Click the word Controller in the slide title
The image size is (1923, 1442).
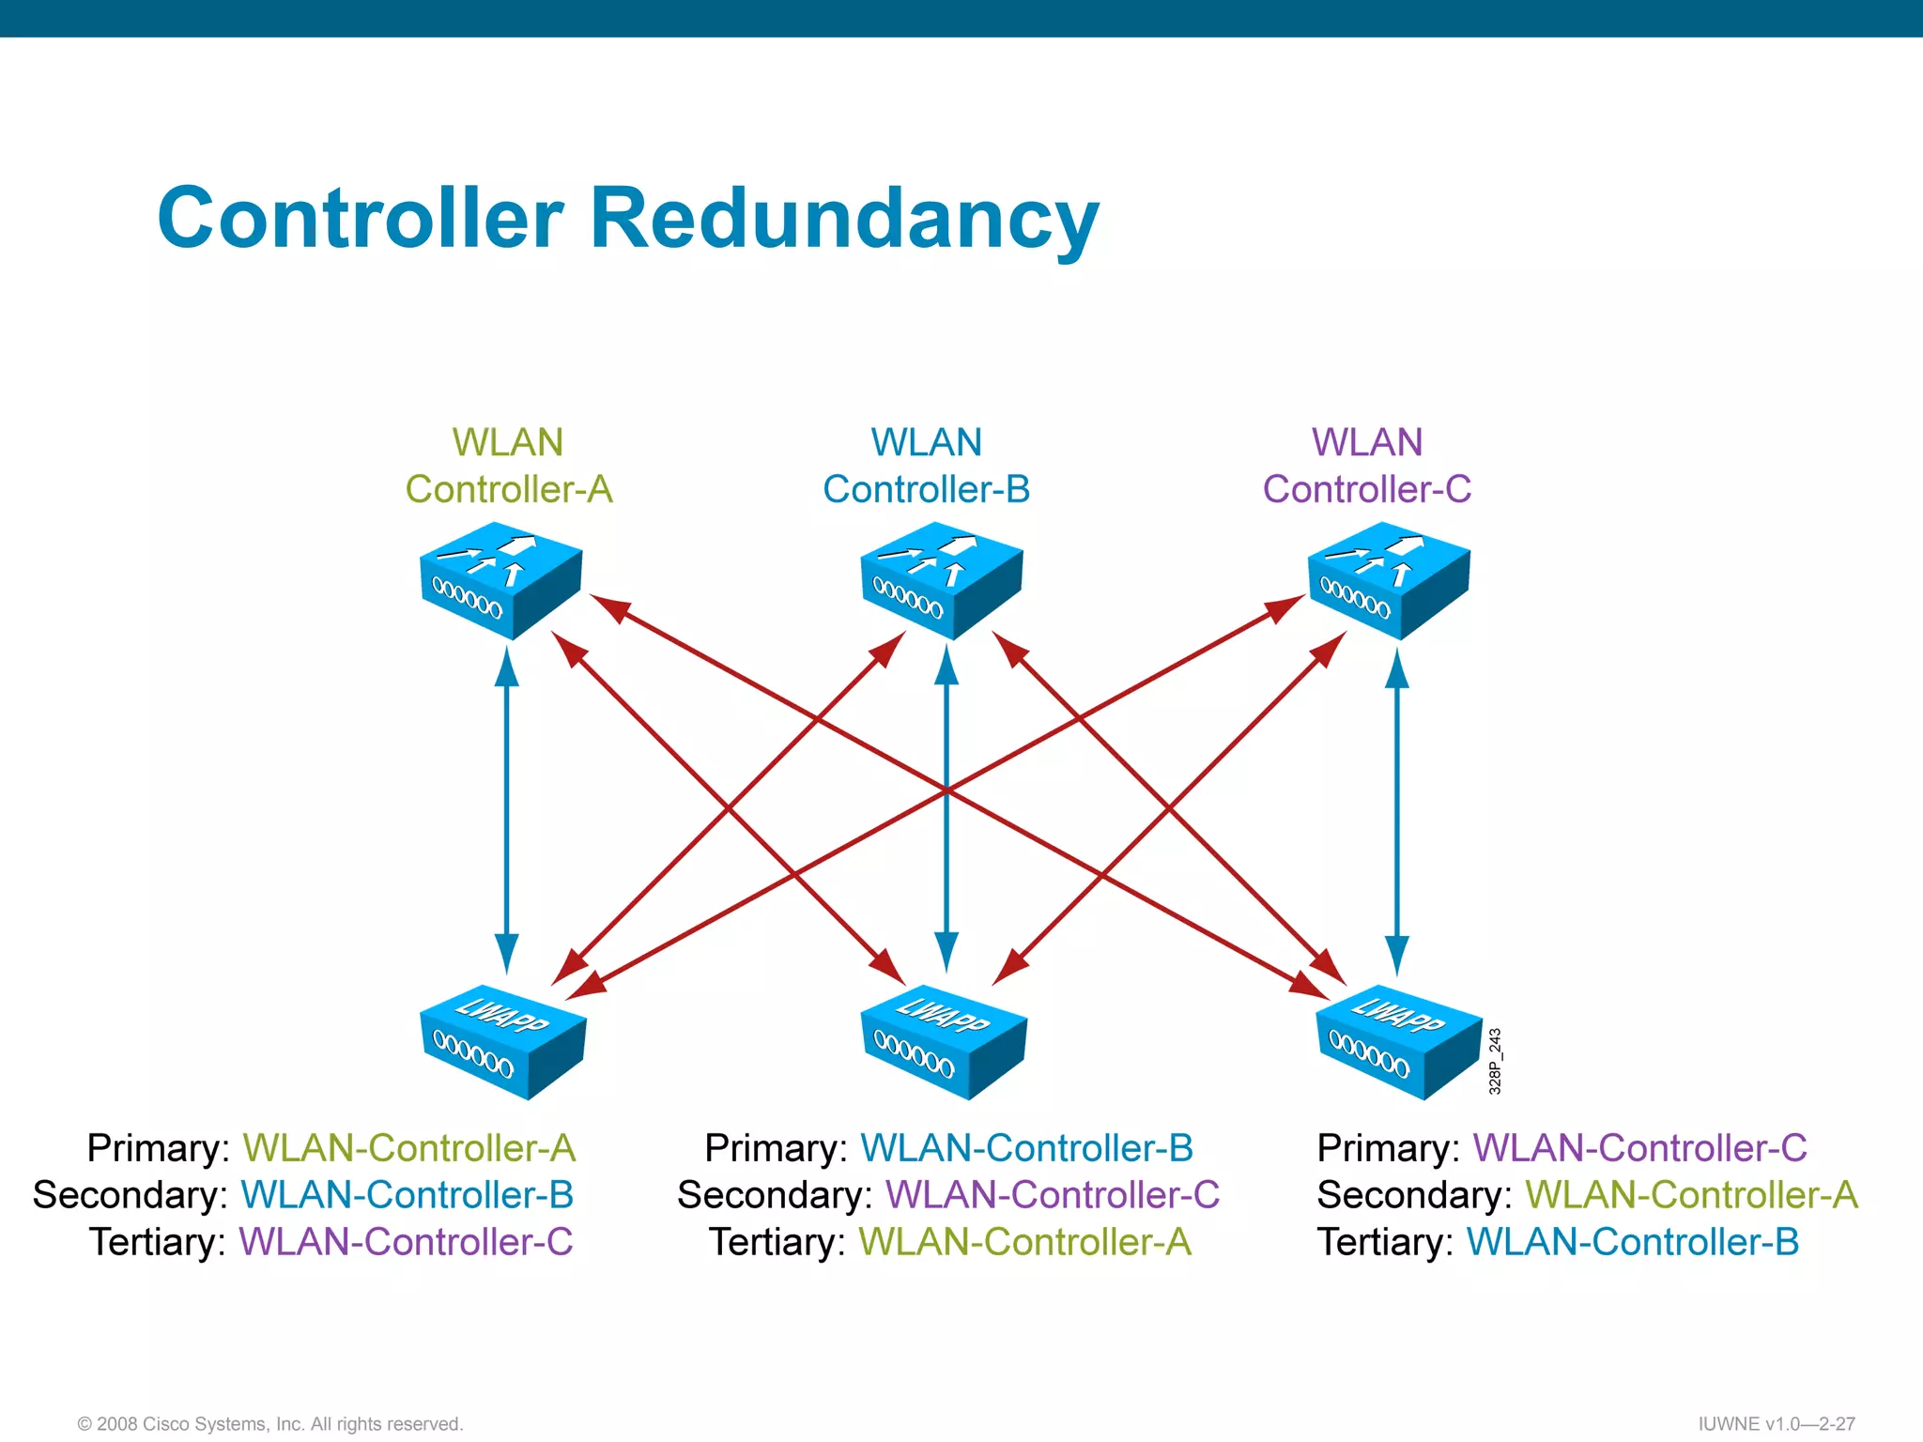tap(361, 218)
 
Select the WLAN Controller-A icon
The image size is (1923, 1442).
tap(500, 580)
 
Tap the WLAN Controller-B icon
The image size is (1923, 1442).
tap(942, 580)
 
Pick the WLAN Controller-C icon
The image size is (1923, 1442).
tap(1389, 580)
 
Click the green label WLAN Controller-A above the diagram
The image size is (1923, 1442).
tap(508, 466)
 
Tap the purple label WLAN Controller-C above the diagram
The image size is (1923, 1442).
tap(1367, 466)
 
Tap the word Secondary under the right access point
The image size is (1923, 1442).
tap(1413, 1195)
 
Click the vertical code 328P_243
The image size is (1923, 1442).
tap(1495, 1062)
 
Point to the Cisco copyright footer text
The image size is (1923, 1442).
tap(270, 1424)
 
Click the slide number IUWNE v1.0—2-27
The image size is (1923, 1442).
tap(1777, 1424)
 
